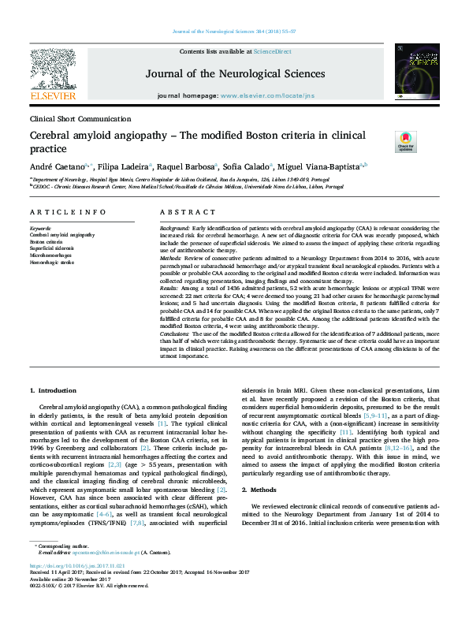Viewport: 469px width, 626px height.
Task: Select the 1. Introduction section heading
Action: click(x=54, y=391)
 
